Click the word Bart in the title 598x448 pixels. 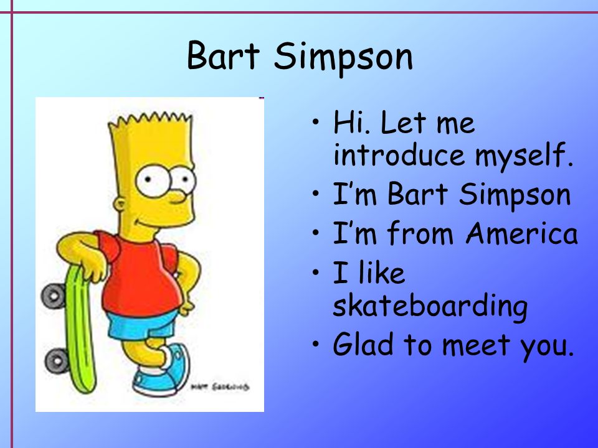coord(224,55)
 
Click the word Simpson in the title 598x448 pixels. coord(343,58)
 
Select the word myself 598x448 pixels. coord(524,157)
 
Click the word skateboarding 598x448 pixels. coord(430,306)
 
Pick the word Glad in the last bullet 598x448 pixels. coord(363,343)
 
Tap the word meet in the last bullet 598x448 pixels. coord(477,345)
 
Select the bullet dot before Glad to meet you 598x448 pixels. coord(315,343)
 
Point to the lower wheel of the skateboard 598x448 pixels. coord(57,360)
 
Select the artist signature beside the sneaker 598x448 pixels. coord(220,386)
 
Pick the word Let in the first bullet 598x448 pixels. coord(403,123)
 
